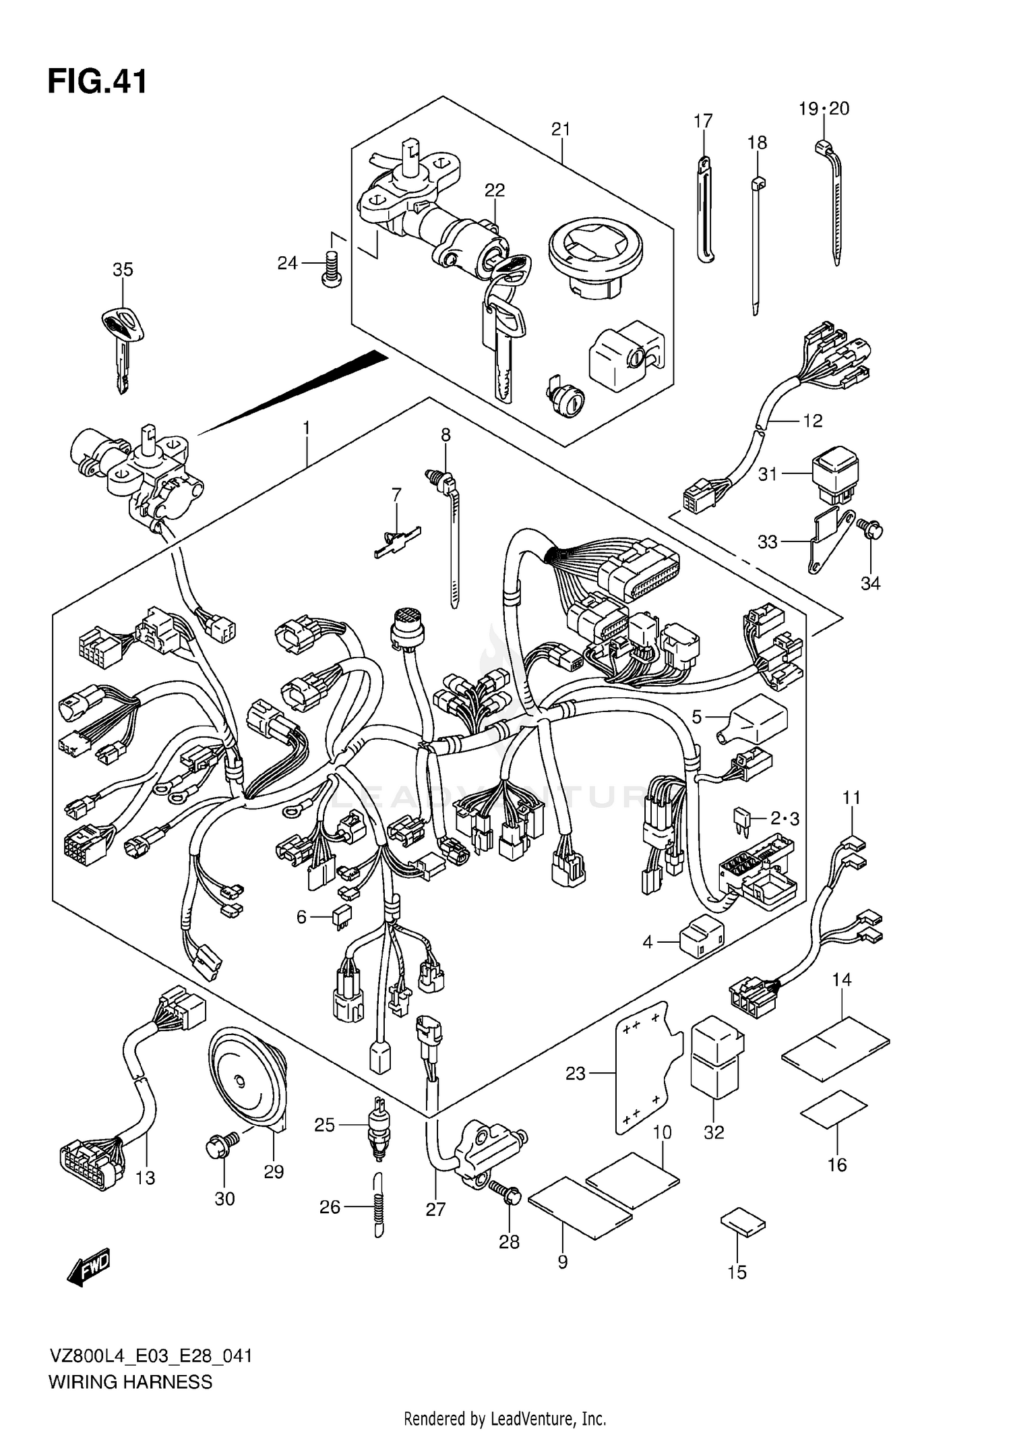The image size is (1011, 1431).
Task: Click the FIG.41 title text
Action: pos(97,82)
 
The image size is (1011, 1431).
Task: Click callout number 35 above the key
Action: pos(123,270)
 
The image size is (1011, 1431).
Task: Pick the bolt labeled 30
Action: pos(220,1146)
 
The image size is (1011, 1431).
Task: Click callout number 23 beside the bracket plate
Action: pos(575,1073)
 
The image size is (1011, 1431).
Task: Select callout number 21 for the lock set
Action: pos(561,129)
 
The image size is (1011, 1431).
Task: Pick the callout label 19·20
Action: pos(824,108)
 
